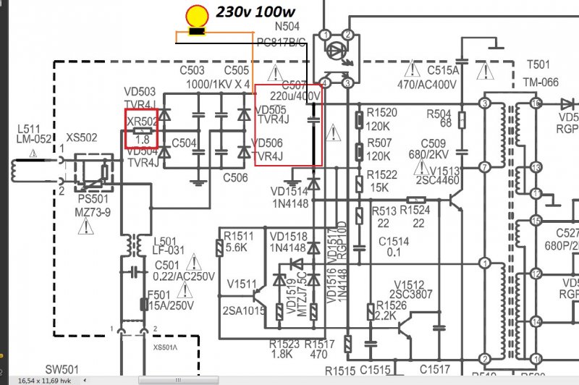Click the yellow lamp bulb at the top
click(x=195, y=17)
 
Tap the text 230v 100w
click(x=254, y=13)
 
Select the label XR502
click(x=142, y=122)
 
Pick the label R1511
click(x=239, y=236)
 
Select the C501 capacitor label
click(x=167, y=265)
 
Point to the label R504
click(x=439, y=114)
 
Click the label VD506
click(x=272, y=143)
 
